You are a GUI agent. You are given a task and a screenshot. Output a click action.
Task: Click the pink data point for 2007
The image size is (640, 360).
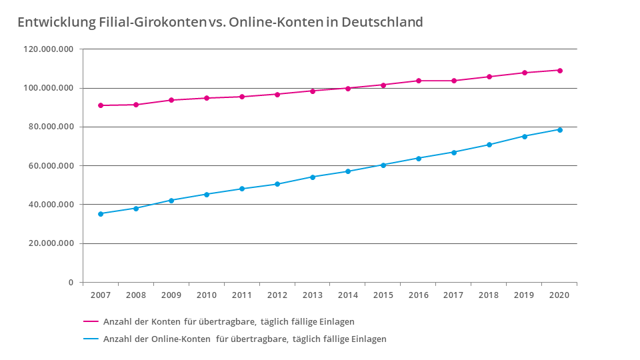tap(101, 105)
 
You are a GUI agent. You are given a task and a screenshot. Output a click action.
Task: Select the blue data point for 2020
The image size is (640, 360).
tap(560, 129)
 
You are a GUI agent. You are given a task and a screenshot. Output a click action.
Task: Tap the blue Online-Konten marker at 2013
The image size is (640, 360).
tap(313, 177)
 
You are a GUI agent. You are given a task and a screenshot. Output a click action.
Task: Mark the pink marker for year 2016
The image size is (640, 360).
tap(419, 81)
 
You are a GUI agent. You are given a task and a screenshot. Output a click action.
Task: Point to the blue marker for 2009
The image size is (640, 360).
tap(171, 200)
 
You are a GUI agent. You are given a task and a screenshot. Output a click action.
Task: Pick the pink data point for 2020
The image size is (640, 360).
tap(560, 70)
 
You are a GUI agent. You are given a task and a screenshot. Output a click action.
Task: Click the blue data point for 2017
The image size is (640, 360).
tap(454, 152)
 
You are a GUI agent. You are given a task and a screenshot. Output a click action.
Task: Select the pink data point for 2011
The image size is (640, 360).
tap(242, 97)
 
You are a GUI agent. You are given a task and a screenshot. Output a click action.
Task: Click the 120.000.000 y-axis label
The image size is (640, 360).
tap(49, 49)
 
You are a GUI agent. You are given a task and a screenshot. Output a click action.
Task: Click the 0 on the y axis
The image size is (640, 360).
tap(71, 283)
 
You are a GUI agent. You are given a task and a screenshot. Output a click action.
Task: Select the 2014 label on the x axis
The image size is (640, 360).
tap(347, 295)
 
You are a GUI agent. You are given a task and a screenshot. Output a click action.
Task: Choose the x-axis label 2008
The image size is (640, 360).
tap(136, 295)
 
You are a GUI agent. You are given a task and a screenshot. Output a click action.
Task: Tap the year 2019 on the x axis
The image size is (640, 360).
tap(524, 295)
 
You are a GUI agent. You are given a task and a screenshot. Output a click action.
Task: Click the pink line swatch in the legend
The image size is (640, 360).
tap(91, 321)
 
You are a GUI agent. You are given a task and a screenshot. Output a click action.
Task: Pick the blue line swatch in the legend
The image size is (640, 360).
tap(91, 339)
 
